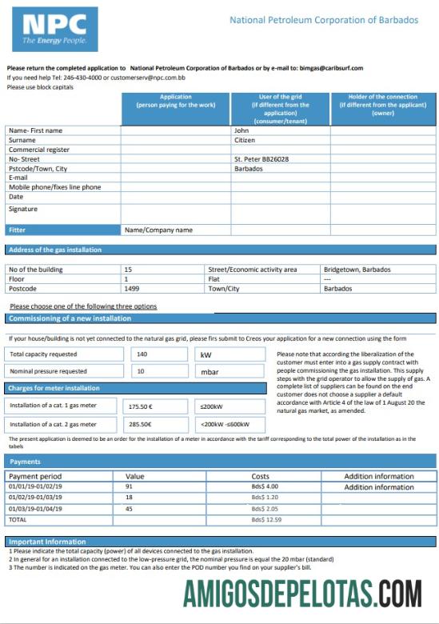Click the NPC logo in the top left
tap(55, 29)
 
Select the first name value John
tap(241, 130)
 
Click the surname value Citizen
tap(244, 140)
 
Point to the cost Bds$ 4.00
tap(265, 486)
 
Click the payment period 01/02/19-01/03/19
tap(35, 497)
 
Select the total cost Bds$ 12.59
tap(266, 519)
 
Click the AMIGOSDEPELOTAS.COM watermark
tap(302, 595)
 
